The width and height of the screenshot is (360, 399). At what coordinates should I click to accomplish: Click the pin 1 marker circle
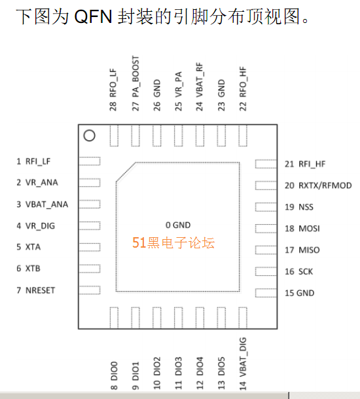89,131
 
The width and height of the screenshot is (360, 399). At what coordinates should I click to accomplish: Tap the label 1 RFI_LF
33,161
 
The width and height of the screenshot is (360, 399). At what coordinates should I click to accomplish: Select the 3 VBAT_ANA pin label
42,204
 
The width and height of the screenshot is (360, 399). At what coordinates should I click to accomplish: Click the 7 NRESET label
35,290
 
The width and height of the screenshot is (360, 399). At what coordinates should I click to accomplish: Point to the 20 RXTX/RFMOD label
318,185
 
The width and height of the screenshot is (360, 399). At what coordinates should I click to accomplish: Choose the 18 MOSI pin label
302,229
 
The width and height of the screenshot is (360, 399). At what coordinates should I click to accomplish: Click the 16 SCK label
298,271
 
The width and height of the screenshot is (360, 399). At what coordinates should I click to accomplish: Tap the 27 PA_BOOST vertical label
135,83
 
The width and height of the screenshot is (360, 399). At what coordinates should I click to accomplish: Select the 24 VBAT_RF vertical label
200,86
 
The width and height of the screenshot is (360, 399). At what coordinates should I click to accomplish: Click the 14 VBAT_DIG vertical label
243,364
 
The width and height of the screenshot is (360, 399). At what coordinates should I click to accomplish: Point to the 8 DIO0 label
114,375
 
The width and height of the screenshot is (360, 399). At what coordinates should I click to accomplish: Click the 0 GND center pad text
178,225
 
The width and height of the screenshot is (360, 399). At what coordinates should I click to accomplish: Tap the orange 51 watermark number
139,242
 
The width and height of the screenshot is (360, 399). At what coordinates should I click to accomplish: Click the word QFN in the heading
93,17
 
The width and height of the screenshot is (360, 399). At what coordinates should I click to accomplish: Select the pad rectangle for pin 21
266,164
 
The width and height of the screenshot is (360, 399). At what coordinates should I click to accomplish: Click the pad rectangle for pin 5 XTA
90,247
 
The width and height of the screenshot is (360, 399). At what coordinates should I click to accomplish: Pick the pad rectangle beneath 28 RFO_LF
114,136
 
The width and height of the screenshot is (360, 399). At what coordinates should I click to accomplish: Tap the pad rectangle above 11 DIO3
179,318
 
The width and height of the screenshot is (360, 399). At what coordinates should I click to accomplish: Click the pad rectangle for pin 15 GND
266,293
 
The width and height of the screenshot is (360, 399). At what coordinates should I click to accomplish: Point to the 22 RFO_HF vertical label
243,89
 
